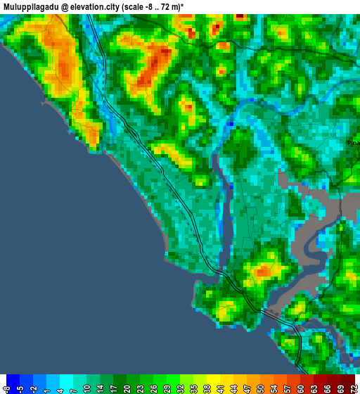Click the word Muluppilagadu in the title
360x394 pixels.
pos(30,6)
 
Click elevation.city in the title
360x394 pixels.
pos(94,6)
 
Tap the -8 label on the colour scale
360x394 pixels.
pos(6,387)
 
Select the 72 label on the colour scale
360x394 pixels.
pos(354,387)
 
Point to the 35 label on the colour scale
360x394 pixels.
pos(193,387)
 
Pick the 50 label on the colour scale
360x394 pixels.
pos(260,387)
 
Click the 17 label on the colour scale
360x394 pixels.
pos(113,387)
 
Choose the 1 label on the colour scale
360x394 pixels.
pos(46,387)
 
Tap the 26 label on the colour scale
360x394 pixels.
pos(153,387)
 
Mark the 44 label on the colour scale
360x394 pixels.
pos(233,387)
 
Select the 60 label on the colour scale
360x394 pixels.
pos(300,387)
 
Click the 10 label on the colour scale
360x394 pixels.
pos(86,387)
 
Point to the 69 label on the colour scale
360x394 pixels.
pos(340,387)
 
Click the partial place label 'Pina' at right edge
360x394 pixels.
pos(353,143)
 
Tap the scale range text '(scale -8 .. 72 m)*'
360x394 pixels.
pos(153,6)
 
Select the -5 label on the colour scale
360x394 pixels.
pos(20,387)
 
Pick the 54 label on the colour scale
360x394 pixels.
pos(274,387)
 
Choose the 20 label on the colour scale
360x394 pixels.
pos(127,387)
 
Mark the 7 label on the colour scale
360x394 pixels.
pos(73,387)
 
